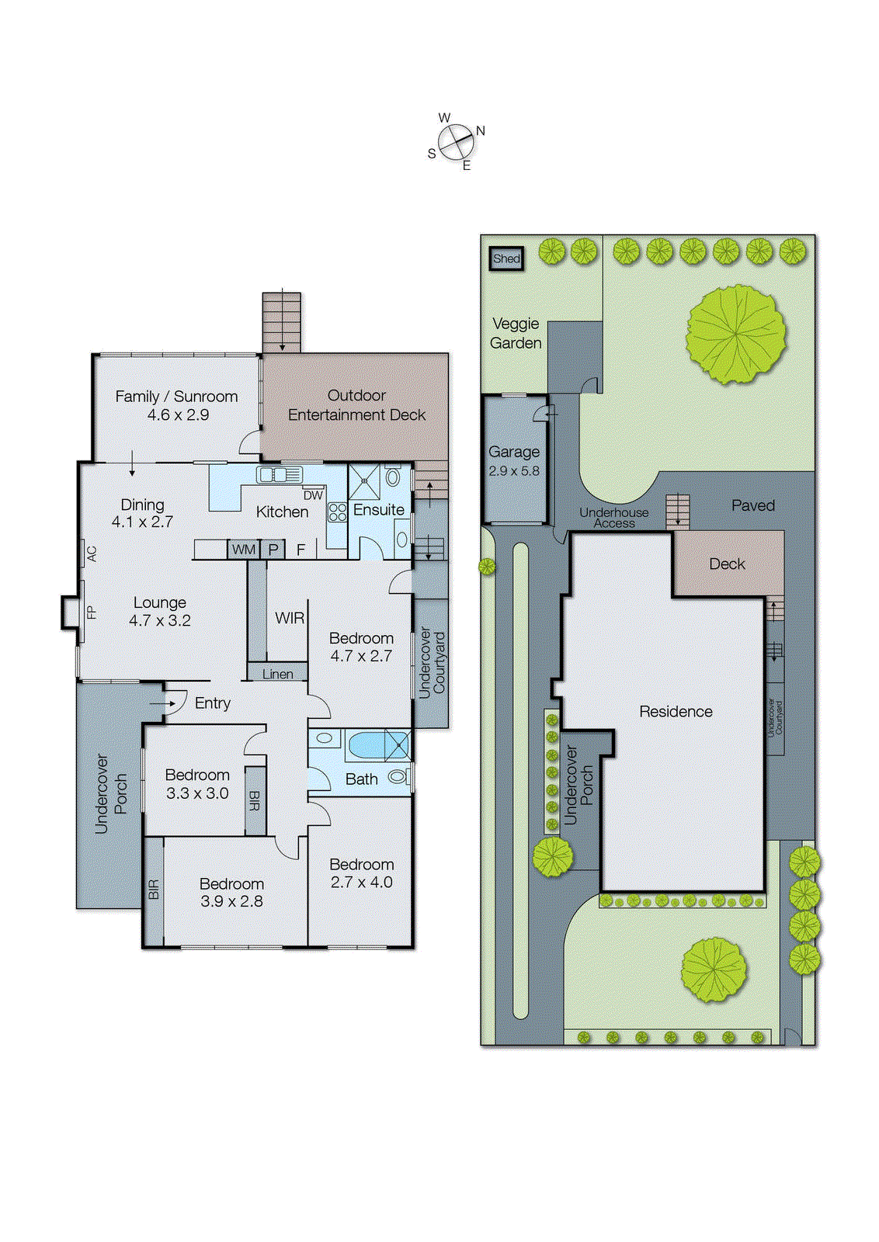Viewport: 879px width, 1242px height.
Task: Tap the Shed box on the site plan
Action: pyautogui.click(x=506, y=258)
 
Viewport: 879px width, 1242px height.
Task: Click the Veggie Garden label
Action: pyautogui.click(x=516, y=333)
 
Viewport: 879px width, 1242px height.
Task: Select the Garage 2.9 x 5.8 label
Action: pyautogui.click(x=513, y=460)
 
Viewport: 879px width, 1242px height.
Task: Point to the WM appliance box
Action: pyautogui.click(x=244, y=549)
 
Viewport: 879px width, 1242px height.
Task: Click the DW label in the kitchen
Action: pyautogui.click(x=313, y=495)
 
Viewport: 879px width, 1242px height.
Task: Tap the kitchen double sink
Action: pyautogui.click(x=280, y=474)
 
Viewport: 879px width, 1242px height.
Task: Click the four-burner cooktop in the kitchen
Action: pyautogui.click(x=337, y=512)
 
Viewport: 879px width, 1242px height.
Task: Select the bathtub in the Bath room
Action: pyautogui.click(x=367, y=745)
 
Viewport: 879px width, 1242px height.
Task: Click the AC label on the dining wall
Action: pyautogui.click(x=92, y=553)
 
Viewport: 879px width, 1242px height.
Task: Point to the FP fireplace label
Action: pyautogui.click(x=92, y=612)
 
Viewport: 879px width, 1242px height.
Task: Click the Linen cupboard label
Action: pyautogui.click(x=277, y=674)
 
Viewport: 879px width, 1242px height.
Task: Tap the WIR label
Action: pyautogui.click(x=290, y=618)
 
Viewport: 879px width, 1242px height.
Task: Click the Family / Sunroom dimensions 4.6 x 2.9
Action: pyautogui.click(x=178, y=415)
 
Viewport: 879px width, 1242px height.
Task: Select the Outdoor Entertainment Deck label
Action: pyautogui.click(x=356, y=404)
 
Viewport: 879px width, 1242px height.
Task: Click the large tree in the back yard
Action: pyautogui.click(x=735, y=334)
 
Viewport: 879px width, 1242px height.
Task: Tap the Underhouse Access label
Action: pyautogui.click(x=613, y=517)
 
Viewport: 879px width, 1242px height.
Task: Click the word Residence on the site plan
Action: pyautogui.click(x=676, y=711)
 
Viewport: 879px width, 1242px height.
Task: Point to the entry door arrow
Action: pyautogui.click(x=164, y=703)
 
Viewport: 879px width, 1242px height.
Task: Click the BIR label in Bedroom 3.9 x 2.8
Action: pyautogui.click(x=154, y=889)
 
